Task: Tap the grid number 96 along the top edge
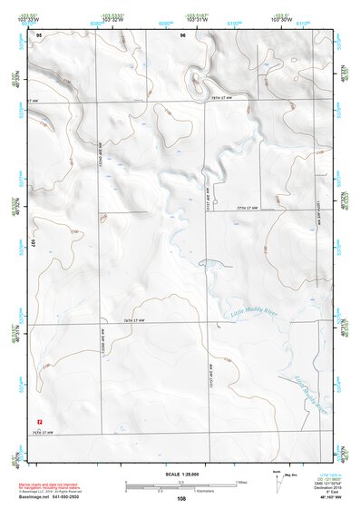coord(183,34)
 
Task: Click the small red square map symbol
coord(39,421)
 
